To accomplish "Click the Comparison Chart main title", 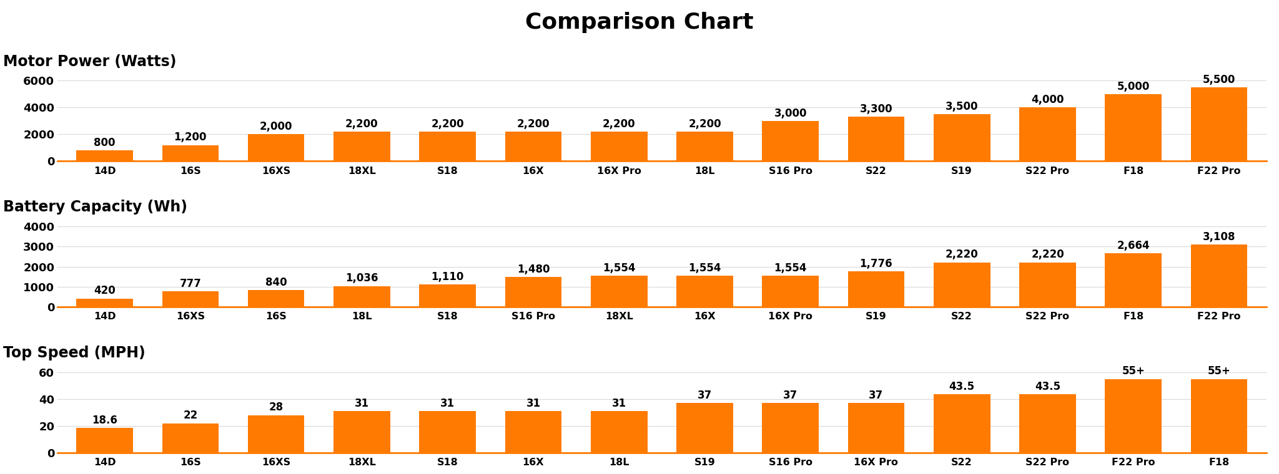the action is (x=639, y=22).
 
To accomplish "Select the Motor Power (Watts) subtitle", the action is (x=90, y=62).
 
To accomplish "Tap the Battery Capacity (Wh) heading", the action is (x=95, y=207).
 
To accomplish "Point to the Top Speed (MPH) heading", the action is (x=74, y=353).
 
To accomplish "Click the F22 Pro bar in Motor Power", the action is (x=1218, y=124).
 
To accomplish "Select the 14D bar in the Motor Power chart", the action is (x=105, y=155).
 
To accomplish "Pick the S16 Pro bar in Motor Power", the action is (x=790, y=141).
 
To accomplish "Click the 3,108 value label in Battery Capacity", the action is (x=1218, y=237).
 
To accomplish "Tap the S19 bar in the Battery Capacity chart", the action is (x=876, y=289).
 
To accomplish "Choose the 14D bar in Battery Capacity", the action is (x=105, y=302).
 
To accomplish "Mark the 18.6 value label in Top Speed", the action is (x=105, y=420).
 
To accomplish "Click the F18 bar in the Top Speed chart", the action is (x=1218, y=416).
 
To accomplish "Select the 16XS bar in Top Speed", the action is (x=276, y=434).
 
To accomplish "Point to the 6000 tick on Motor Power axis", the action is (x=39, y=81).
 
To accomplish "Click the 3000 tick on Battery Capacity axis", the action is (x=39, y=247).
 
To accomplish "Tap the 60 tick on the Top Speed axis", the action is (x=47, y=373).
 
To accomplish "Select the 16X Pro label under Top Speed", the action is (x=876, y=462).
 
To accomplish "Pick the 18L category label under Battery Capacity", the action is (x=362, y=316).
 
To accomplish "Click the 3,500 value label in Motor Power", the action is (x=961, y=107).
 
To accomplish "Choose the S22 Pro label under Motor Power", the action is (x=1047, y=171).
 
